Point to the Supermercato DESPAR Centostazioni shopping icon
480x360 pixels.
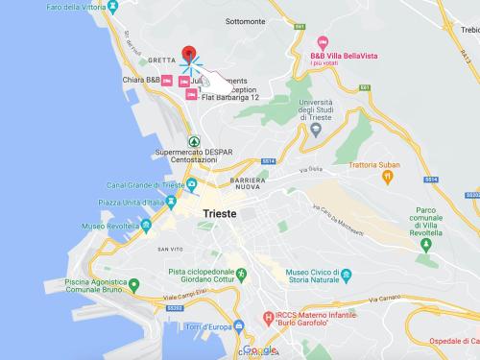(x=190, y=140)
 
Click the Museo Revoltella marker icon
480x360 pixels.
(x=146, y=226)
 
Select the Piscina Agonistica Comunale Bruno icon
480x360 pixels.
(x=134, y=285)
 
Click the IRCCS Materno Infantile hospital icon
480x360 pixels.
(x=268, y=317)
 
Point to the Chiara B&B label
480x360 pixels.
(x=140, y=81)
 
